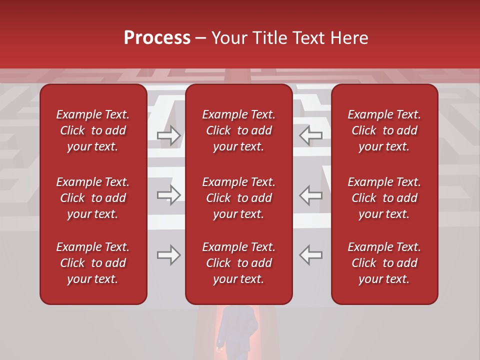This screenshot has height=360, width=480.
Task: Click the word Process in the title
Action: click(157, 38)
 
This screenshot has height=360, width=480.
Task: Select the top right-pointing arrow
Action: click(168, 135)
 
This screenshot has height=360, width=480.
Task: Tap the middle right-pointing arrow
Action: click(168, 195)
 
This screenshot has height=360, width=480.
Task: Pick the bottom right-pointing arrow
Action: click(168, 255)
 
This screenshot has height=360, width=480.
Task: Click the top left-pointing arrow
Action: click(311, 135)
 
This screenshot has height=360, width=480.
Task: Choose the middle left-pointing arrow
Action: click(311, 195)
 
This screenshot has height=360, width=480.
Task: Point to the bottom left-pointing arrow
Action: click(311, 255)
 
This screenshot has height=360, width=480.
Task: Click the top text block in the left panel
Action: click(93, 130)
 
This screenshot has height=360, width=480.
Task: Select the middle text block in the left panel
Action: click(93, 198)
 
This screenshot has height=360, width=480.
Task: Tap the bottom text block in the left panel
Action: click(93, 263)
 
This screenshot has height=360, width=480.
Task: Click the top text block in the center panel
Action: click(238, 130)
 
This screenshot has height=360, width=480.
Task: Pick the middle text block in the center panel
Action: click(238, 198)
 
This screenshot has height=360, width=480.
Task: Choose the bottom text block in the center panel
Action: click(238, 263)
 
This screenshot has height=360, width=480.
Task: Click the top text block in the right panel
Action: click(384, 130)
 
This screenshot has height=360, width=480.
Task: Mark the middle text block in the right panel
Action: click(384, 198)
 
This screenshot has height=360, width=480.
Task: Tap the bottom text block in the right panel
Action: click(384, 263)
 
